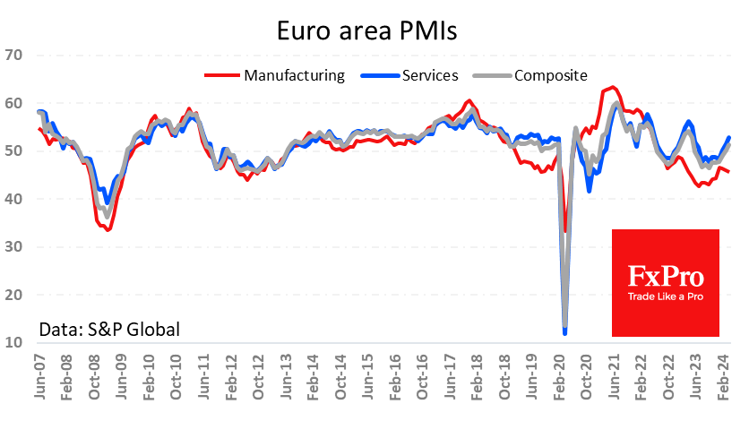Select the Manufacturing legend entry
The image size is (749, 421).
(294, 75)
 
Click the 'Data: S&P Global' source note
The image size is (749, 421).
(109, 330)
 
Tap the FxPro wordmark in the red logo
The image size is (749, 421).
(666, 275)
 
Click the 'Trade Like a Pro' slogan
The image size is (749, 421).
(666, 297)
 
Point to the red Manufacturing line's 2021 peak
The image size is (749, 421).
(612, 87)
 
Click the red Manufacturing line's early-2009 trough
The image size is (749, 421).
(108, 230)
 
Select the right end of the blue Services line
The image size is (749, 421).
(728, 137)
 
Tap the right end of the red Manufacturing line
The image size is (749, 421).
(728, 172)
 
